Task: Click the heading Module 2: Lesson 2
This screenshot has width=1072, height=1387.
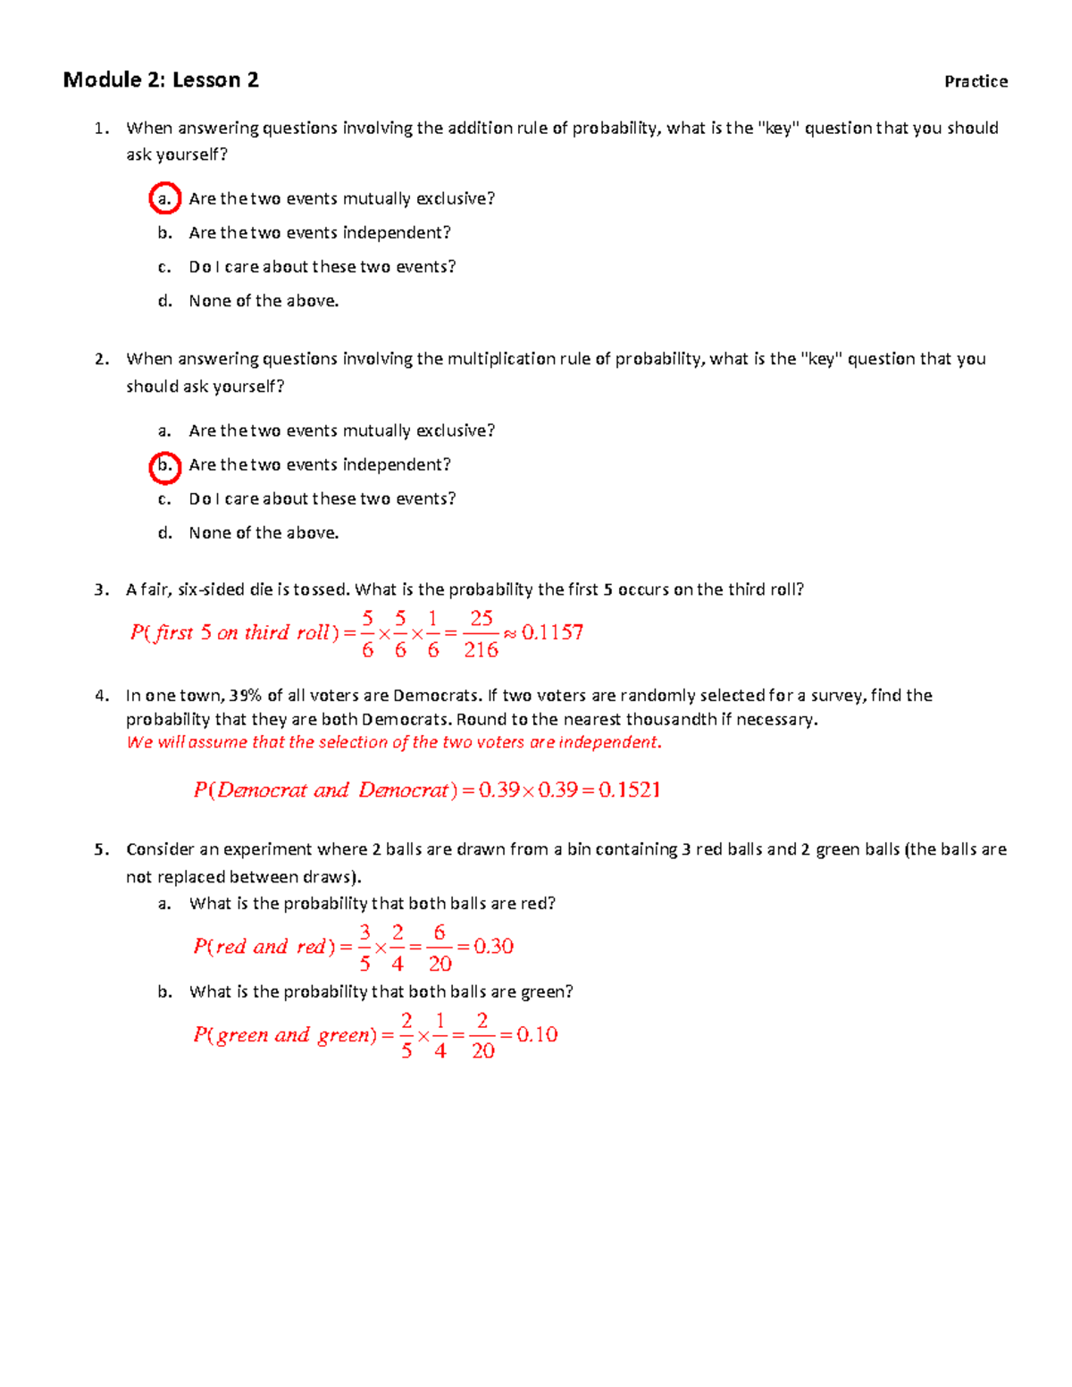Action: click(161, 80)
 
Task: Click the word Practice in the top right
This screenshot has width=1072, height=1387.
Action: click(976, 81)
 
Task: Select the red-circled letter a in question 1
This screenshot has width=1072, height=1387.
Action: click(164, 198)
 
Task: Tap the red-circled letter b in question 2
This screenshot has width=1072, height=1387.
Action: click(164, 465)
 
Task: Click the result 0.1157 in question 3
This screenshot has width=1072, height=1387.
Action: click(552, 632)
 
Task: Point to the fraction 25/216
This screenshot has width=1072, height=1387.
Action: click(481, 633)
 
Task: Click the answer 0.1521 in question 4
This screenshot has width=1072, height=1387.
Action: click(629, 790)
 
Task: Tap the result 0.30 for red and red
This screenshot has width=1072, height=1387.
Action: click(493, 946)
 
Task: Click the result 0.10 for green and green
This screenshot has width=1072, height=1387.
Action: click(537, 1034)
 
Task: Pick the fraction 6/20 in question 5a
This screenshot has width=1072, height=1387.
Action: click(440, 948)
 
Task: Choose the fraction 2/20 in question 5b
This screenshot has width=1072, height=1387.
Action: click(482, 1035)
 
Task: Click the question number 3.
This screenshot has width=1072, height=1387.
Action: click(101, 589)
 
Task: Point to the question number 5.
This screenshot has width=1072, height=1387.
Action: click(101, 849)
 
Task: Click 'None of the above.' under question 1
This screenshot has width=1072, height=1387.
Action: click(264, 301)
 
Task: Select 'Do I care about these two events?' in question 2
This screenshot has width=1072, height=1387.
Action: click(322, 498)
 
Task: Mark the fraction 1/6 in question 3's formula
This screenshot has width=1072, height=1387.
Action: click(433, 633)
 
